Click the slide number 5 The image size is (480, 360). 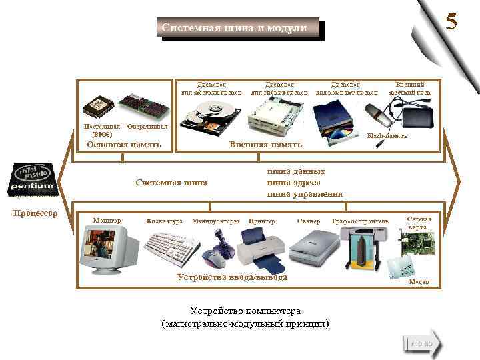(x=451, y=22)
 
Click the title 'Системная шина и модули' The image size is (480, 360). (x=234, y=28)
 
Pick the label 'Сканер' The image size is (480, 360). (x=309, y=221)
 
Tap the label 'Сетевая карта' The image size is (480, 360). (x=419, y=223)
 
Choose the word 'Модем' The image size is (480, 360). (x=419, y=282)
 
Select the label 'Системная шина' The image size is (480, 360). (x=171, y=182)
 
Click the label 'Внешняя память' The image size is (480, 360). (x=265, y=145)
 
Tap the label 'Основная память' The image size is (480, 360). (x=124, y=145)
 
